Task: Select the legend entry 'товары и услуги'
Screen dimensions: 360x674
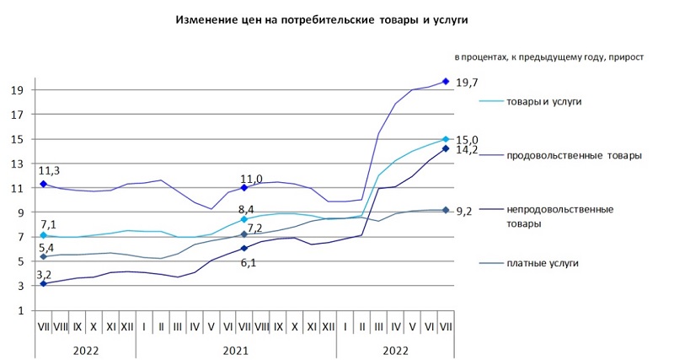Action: [x=543, y=101]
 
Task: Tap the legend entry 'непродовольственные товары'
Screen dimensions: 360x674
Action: [x=559, y=216]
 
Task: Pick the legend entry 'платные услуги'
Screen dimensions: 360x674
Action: [x=543, y=264]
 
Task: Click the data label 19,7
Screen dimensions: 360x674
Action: [x=467, y=83]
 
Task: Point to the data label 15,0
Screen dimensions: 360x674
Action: [x=467, y=140]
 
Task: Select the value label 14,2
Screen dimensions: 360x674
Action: [x=467, y=151]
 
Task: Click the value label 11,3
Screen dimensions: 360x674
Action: [x=49, y=170]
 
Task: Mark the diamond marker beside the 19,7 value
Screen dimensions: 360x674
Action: [x=446, y=82]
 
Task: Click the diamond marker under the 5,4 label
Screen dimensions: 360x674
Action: [x=43, y=256]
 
